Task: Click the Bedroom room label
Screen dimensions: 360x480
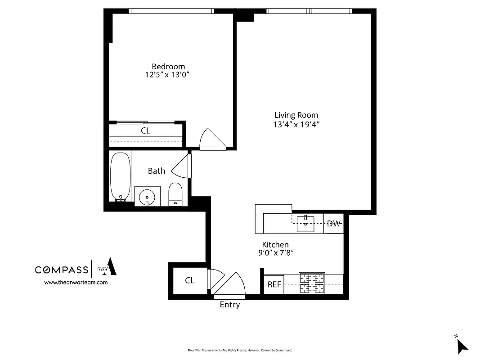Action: click(x=168, y=67)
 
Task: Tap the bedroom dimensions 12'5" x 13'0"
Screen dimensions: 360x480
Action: click(x=168, y=75)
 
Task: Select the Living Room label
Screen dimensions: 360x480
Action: click(x=296, y=115)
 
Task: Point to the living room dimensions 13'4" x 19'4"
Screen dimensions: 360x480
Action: click(x=296, y=124)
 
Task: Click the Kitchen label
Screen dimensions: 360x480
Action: click(x=275, y=244)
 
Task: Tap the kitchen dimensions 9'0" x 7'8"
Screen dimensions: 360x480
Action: click(x=275, y=253)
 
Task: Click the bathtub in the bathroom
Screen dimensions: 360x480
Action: click(x=120, y=176)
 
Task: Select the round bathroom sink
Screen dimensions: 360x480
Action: click(x=147, y=197)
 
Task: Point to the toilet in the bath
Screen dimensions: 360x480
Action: click(x=175, y=194)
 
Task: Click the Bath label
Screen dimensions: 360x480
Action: click(x=157, y=171)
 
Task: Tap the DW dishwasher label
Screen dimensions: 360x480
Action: click(x=333, y=224)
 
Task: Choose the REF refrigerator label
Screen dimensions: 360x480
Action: click(x=274, y=284)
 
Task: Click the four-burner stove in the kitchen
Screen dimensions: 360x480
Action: click(x=312, y=284)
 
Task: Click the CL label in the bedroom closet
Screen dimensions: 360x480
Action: click(x=145, y=131)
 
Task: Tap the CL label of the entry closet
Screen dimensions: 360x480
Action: click(x=190, y=280)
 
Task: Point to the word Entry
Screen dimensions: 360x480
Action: click(x=229, y=305)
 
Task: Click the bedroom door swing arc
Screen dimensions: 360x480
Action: click(x=211, y=138)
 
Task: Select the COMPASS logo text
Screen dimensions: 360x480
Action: click(x=62, y=270)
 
